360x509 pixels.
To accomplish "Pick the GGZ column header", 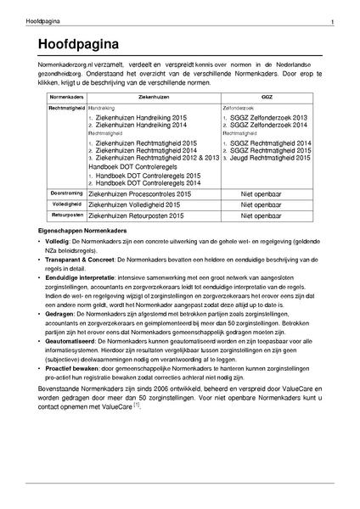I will click(x=267, y=98).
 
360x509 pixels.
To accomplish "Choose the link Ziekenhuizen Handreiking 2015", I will click(x=140, y=118).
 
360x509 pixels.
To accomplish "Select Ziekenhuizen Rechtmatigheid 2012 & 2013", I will click(x=151, y=158).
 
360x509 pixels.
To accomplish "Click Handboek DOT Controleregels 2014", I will click(x=148, y=182).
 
